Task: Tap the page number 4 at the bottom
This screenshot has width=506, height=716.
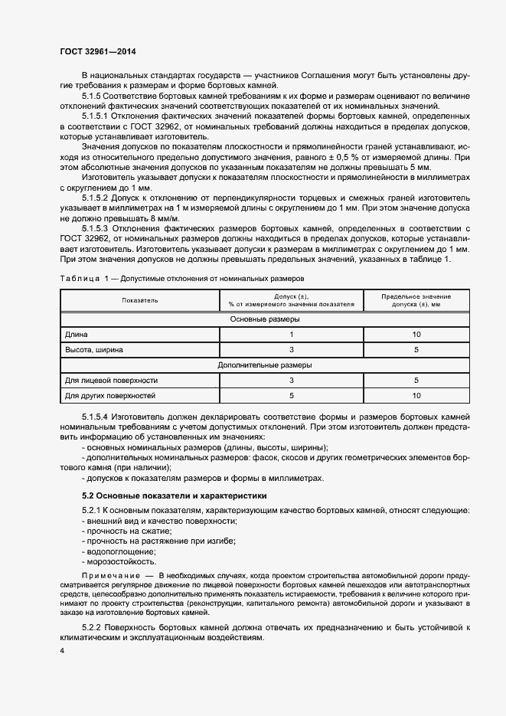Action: (x=62, y=650)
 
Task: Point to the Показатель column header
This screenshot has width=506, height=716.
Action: (x=139, y=300)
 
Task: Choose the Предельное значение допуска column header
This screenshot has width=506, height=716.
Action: (x=416, y=300)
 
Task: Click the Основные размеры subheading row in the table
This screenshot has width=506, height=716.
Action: (x=264, y=319)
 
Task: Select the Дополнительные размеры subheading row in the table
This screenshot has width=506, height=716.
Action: (x=264, y=365)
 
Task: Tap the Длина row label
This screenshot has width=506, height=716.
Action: (x=77, y=334)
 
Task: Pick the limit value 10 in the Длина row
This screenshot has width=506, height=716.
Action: (x=416, y=334)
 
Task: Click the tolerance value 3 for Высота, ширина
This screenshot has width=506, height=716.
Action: (x=292, y=349)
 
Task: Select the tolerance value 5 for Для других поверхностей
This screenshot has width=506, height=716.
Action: (x=292, y=395)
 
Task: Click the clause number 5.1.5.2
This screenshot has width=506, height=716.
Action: (x=96, y=197)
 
